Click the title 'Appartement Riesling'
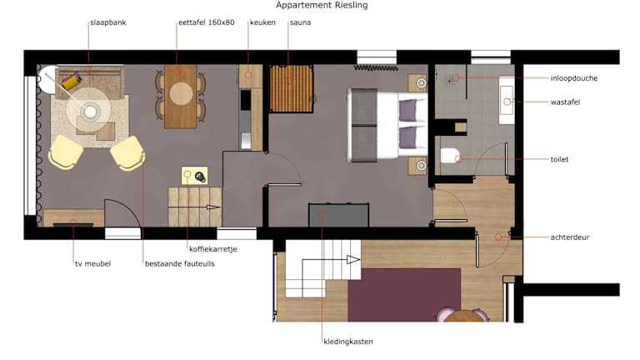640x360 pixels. (x=322, y=5)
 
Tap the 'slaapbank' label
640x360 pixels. (x=108, y=22)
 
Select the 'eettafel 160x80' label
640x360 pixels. (x=207, y=22)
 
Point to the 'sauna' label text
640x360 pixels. (x=300, y=22)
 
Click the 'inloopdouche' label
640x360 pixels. (x=574, y=78)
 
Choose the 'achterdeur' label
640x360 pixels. (x=570, y=237)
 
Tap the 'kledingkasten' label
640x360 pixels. (x=348, y=342)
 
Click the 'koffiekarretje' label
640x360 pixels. (x=213, y=249)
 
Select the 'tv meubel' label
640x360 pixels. (x=93, y=263)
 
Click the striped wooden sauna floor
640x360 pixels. (x=291, y=88)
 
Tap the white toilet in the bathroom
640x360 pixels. (x=450, y=156)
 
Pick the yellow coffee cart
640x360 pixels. (x=194, y=176)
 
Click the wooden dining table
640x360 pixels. (x=181, y=97)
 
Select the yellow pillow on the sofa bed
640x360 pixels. (x=71, y=81)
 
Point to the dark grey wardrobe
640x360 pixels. (x=339, y=215)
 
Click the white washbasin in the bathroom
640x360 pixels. (x=507, y=100)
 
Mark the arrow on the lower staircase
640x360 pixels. (x=325, y=260)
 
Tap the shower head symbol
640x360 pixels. (x=449, y=80)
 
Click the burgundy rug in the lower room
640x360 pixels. (x=404, y=295)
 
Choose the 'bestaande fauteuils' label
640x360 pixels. (x=180, y=263)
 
